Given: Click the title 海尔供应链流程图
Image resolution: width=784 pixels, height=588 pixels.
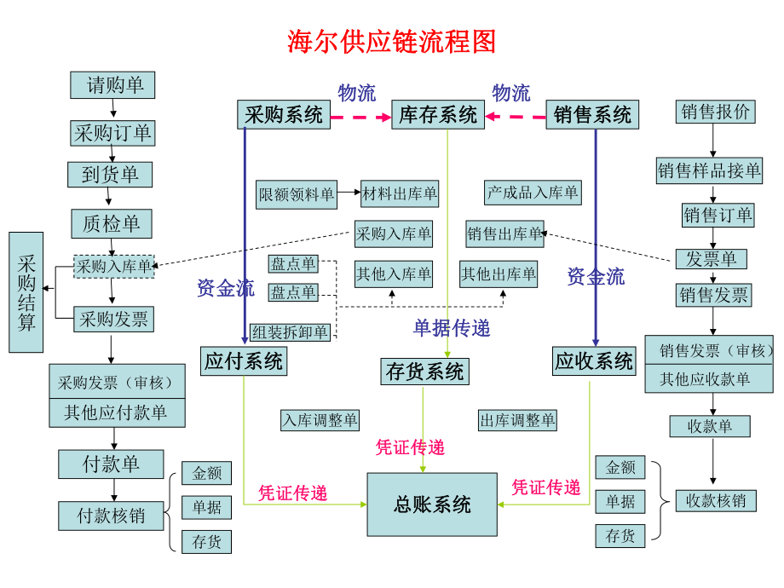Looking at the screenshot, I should [x=391, y=41].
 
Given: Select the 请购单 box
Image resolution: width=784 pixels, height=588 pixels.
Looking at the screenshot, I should [x=112, y=84].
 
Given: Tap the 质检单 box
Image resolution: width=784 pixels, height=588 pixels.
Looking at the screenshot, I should [x=112, y=224].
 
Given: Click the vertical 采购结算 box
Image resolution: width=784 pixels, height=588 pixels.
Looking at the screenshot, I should [x=26, y=291].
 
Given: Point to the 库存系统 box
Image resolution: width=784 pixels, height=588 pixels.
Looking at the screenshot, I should [x=437, y=115].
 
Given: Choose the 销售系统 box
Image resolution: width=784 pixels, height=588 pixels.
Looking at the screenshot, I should [x=592, y=115].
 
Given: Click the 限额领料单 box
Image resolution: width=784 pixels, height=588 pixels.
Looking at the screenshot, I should [x=296, y=194].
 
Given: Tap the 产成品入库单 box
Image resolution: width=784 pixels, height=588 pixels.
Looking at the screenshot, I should [x=533, y=193].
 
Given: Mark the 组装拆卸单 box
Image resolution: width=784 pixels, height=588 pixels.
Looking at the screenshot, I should [x=290, y=331].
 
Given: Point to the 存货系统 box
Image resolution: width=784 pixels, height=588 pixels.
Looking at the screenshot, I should [x=424, y=372].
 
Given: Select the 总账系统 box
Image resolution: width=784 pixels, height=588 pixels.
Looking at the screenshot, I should [x=432, y=504].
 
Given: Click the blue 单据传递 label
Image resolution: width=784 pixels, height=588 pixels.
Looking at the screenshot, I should [x=452, y=328].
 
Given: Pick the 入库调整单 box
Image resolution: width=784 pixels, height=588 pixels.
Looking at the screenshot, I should [x=320, y=419].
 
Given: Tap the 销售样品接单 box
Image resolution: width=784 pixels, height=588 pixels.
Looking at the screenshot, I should [x=709, y=170].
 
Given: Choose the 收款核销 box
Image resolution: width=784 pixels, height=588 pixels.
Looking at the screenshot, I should [x=716, y=500].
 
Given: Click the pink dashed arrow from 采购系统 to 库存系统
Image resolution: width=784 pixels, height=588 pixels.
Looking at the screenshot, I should [x=360, y=116].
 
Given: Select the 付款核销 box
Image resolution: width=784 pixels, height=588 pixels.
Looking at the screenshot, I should [x=111, y=516].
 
